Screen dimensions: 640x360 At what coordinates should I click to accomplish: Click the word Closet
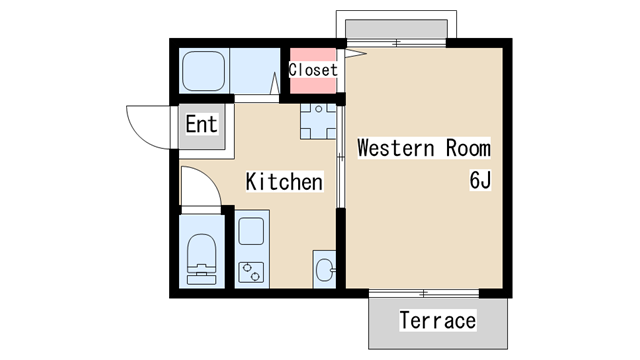313,70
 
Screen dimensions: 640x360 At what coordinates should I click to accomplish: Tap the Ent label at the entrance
201,124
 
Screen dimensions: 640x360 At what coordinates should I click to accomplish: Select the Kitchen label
284,182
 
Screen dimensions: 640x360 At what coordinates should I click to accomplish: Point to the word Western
396,148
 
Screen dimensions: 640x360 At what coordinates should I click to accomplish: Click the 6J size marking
480,180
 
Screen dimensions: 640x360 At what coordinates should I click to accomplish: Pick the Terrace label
438,320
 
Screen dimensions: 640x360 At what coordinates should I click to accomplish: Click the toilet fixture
202,259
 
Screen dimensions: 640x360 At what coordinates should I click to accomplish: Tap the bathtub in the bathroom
203,71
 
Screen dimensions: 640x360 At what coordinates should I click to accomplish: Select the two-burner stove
251,272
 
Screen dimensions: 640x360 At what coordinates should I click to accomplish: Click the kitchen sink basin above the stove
251,231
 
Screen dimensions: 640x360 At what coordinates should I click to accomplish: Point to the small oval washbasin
324,269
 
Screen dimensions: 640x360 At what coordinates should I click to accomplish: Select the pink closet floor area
313,71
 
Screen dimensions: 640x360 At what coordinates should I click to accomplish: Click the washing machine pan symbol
318,121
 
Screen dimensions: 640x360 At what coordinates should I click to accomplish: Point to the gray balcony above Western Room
396,29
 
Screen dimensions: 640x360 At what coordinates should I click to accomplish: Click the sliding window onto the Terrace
424,293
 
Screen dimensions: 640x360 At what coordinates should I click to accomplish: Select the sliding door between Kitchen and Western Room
340,157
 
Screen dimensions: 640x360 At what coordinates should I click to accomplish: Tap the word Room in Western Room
468,148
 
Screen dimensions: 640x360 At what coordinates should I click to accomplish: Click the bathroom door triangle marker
275,83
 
